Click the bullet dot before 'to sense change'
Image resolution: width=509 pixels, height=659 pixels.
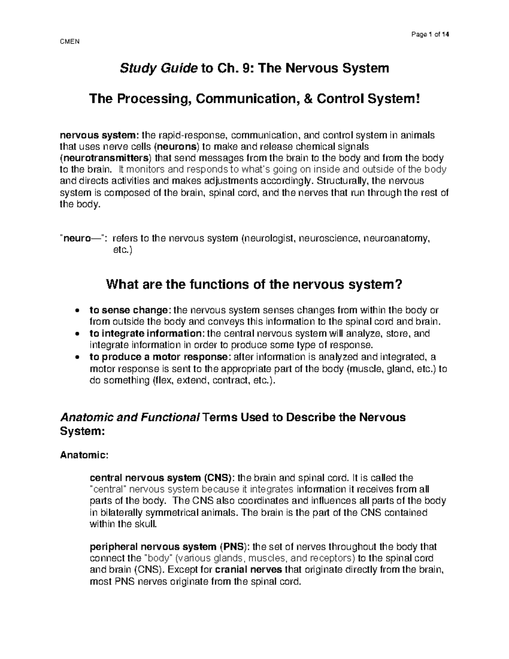click(77, 310)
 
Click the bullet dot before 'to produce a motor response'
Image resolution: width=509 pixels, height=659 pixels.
click(77, 357)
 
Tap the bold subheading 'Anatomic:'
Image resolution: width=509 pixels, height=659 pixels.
click(84, 455)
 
